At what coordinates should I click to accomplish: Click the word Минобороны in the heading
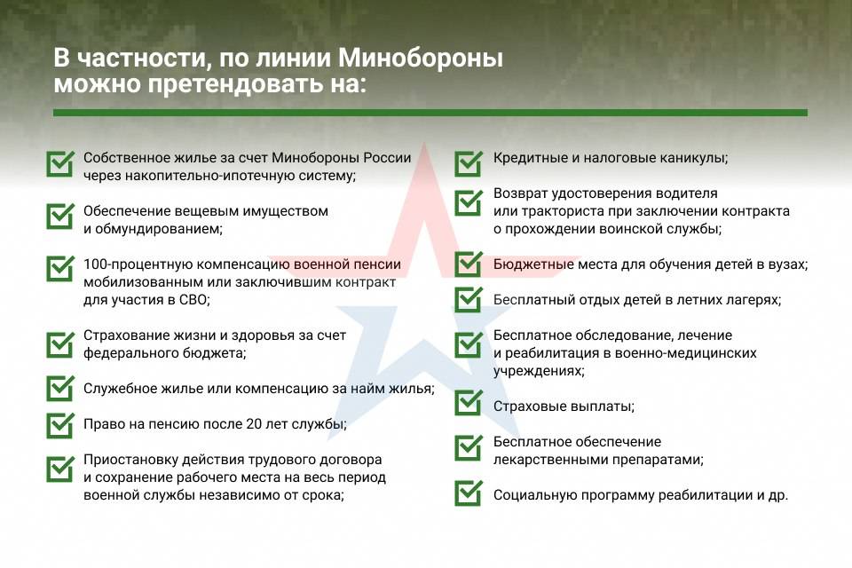[421, 58]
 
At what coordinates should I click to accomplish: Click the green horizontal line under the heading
[430, 113]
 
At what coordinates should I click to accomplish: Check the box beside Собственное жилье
[59, 163]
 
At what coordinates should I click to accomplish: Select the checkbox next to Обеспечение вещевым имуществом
[59, 216]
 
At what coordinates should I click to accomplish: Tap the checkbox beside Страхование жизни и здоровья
[59, 344]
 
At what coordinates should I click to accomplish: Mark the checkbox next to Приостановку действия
[59, 468]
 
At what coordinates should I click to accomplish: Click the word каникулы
[693, 158]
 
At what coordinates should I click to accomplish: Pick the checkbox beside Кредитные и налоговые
[468, 163]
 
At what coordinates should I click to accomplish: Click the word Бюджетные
[533, 264]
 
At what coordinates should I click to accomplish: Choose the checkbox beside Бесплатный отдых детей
[468, 299]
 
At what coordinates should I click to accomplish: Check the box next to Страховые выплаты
[468, 403]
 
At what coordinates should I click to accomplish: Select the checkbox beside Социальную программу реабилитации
[468, 493]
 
